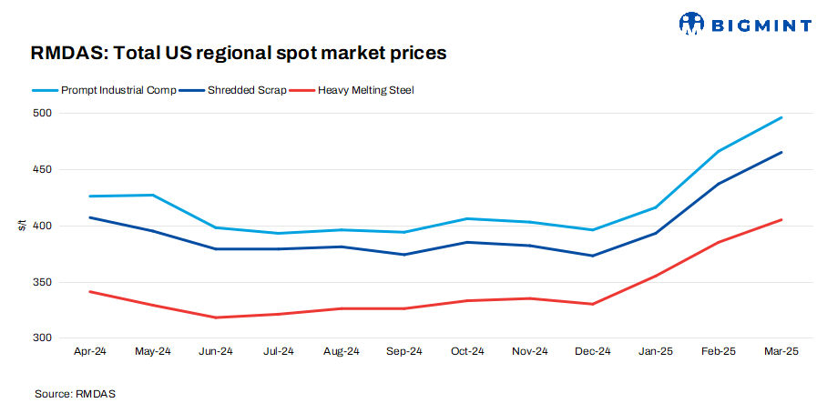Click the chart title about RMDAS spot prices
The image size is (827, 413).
click(x=239, y=53)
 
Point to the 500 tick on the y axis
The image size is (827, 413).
click(x=43, y=114)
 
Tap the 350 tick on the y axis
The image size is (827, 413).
click(x=43, y=283)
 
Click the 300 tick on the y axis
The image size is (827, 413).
click(x=43, y=338)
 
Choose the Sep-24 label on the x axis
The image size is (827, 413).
click(x=403, y=351)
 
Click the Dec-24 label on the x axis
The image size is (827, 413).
click(x=592, y=351)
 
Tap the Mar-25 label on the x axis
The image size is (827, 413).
click(x=781, y=351)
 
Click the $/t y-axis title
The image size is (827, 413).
click(x=21, y=226)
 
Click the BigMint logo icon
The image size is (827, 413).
click(x=692, y=23)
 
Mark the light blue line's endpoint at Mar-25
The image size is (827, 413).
click(x=781, y=117)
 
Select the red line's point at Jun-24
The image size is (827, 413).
click(x=215, y=317)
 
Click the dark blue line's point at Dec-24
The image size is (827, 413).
click(x=592, y=256)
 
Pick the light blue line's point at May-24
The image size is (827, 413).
click(x=152, y=195)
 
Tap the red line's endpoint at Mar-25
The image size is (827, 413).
click(x=781, y=219)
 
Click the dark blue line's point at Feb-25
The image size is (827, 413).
click(x=718, y=184)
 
